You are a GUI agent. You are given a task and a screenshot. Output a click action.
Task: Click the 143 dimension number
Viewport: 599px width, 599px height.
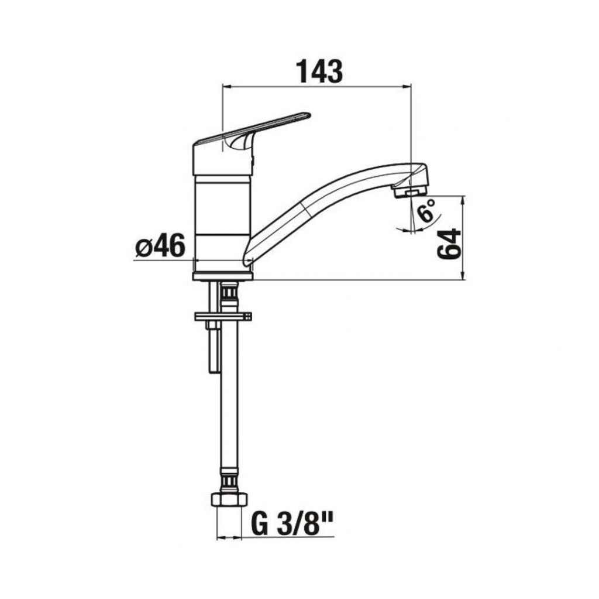[319, 71]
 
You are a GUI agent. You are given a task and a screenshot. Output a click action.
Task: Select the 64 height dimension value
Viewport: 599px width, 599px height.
[449, 244]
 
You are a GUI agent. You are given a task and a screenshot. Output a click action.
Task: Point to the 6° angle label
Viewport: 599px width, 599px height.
[426, 209]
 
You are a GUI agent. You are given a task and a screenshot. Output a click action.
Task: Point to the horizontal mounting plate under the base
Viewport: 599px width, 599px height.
[223, 316]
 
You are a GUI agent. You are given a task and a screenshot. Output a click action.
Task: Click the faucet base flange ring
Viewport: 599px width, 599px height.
[223, 276]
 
